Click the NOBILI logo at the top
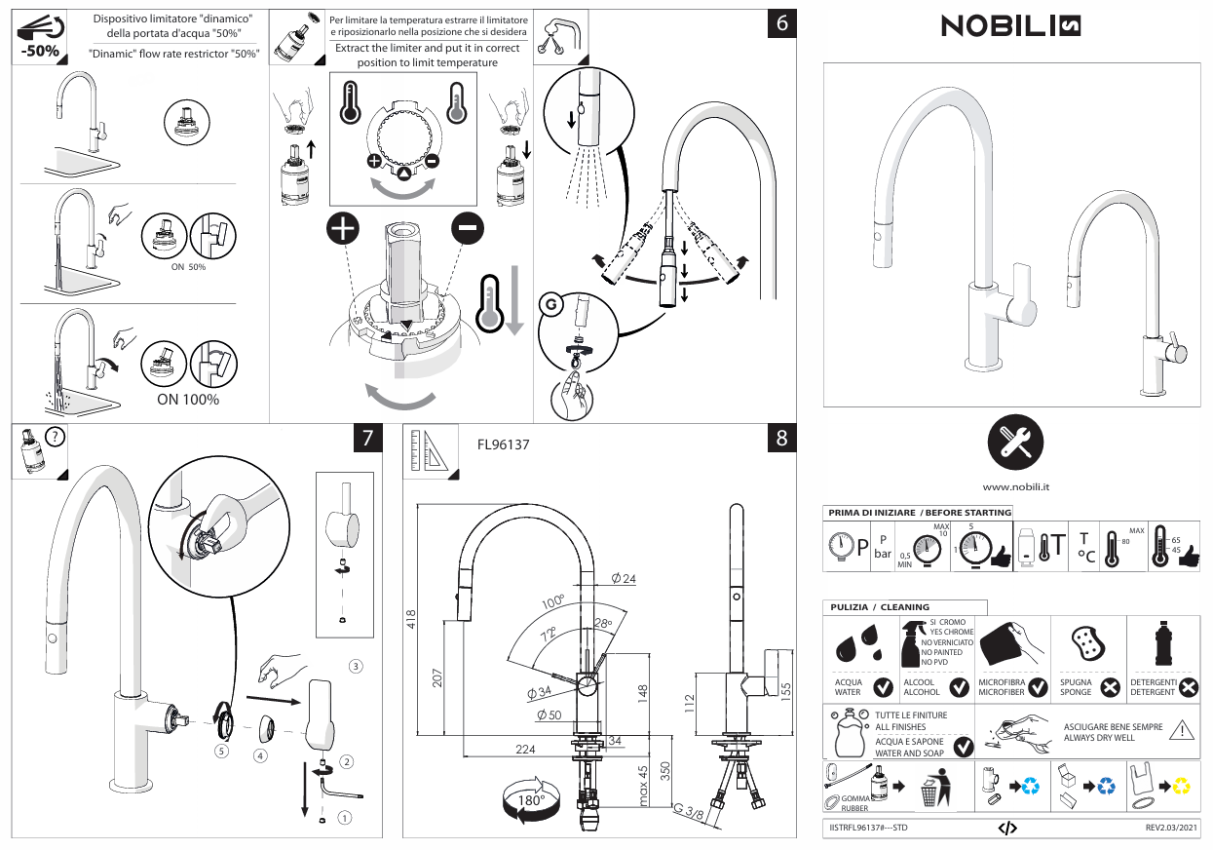1011,27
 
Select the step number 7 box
366,439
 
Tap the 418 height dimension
410,619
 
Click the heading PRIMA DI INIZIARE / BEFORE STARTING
920,512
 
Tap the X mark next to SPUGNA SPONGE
1110,688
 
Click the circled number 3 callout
357,666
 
